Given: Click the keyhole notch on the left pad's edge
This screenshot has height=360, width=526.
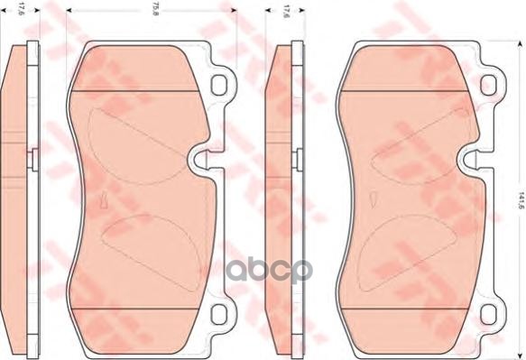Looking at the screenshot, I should pos(204,161).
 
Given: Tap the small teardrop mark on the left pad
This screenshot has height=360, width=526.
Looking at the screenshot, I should pos(104,199).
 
